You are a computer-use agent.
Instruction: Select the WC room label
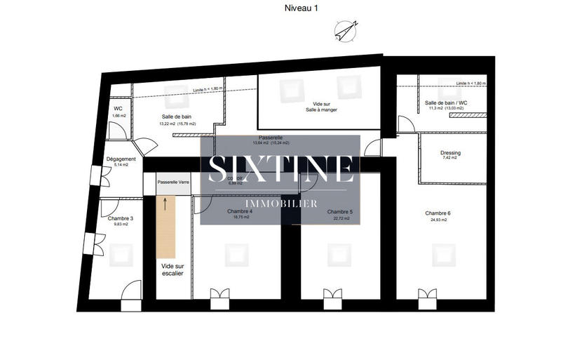[119, 109]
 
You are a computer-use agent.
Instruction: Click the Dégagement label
[121, 159]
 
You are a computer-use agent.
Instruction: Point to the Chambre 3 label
[121, 218]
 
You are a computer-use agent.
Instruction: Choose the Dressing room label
[450, 152]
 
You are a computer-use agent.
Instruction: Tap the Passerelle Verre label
[173, 182]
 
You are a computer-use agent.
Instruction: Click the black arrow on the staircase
[166, 204]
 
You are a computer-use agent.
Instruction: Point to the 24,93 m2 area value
[440, 220]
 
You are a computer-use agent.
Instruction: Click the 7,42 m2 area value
[450, 158]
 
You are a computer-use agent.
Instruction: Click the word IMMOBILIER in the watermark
[280, 204]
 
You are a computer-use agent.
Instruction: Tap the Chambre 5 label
[341, 211]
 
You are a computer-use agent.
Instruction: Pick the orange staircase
[165, 228]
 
